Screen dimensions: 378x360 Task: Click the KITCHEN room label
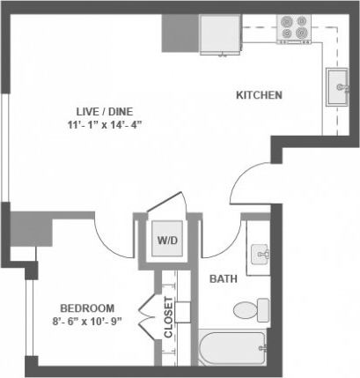pos(259,94)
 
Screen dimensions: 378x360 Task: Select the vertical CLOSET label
pos(167,315)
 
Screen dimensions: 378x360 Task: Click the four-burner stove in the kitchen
pos(293,29)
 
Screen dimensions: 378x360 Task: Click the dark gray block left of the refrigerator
pos(180,33)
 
